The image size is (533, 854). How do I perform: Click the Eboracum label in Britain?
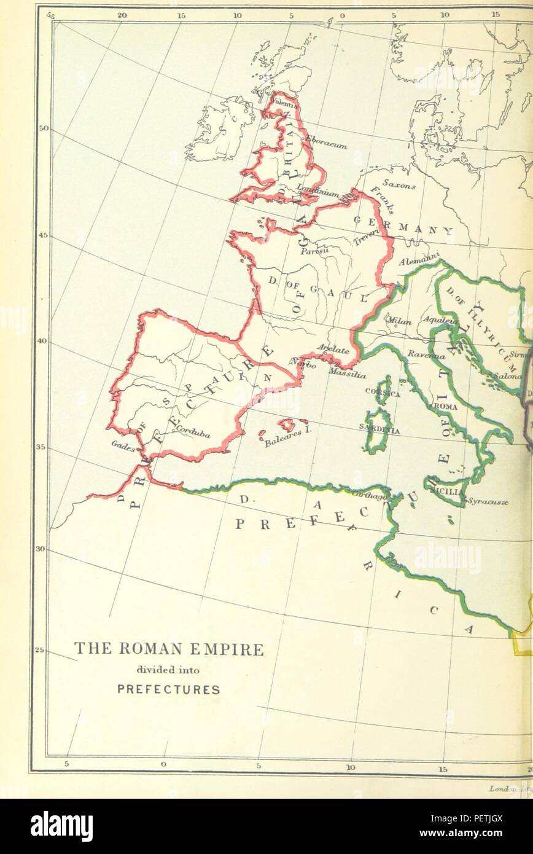click(327, 142)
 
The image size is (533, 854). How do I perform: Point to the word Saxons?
click(399, 183)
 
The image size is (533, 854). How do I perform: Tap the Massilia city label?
click(347, 372)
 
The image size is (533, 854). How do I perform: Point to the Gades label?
click(123, 447)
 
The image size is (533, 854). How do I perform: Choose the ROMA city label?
click(445, 407)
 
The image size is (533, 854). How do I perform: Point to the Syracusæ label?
click(488, 501)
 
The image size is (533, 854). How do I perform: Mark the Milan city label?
click(399, 320)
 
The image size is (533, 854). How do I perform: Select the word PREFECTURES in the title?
click(168, 689)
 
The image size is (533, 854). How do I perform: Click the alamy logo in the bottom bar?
click(61, 826)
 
